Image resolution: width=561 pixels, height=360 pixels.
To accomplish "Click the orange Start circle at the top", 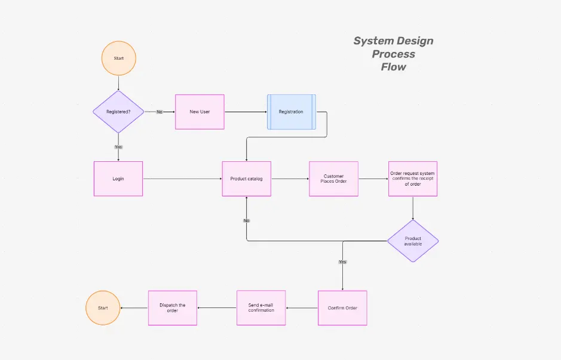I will [119, 58].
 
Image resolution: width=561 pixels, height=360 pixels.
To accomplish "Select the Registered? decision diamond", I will [118, 112].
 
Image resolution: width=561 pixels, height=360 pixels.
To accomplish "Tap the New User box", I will [200, 112].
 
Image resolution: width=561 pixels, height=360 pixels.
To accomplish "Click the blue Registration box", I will [291, 112].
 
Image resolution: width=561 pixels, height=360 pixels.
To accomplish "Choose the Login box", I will [118, 179].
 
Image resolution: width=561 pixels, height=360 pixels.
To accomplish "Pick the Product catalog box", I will [247, 179].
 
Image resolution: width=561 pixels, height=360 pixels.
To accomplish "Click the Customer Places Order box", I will [333, 179].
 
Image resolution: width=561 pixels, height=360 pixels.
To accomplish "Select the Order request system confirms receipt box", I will [413, 179].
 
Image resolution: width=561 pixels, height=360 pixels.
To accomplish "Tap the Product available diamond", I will [413, 241].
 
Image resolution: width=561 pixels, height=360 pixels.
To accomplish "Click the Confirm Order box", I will [342, 308].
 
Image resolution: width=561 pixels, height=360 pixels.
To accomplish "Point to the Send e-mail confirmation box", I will [261, 308].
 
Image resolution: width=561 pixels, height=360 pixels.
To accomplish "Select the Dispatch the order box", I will [173, 308].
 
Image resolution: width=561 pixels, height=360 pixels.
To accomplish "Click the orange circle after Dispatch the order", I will [103, 308].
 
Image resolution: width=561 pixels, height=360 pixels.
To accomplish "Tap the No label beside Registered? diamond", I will [160, 112].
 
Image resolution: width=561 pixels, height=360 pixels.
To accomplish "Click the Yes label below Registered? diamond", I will [118, 146].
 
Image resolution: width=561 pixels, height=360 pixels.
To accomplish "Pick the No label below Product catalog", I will [247, 220].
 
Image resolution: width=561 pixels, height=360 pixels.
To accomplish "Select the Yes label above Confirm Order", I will [342, 261].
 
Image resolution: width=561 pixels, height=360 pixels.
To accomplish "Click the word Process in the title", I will [393, 54].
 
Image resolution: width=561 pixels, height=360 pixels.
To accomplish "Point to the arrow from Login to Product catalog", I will [182, 179].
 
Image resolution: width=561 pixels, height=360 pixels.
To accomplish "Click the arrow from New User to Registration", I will [245, 112].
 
